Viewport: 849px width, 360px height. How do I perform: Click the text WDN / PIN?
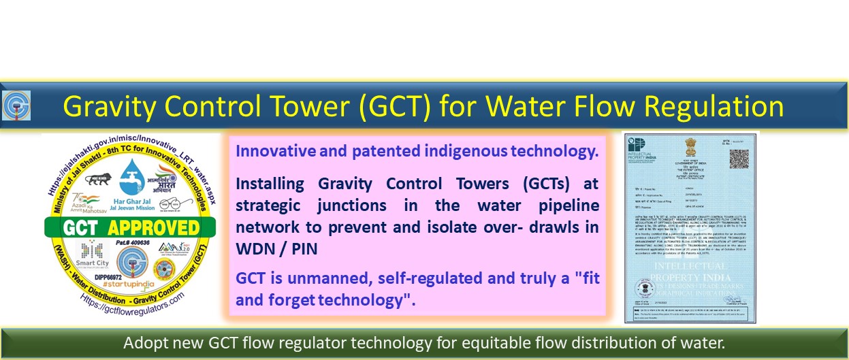click(x=276, y=250)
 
